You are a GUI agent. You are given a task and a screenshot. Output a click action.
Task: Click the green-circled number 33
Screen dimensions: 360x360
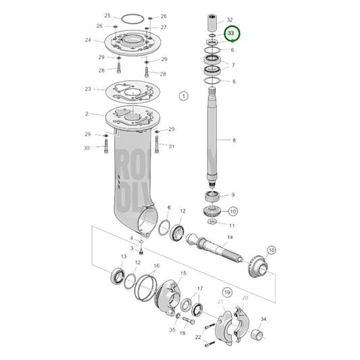[x=232, y=32]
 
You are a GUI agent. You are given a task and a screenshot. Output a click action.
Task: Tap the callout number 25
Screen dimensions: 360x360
[x=107, y=16]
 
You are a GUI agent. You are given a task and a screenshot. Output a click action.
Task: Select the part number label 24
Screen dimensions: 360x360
[x=88, y=40]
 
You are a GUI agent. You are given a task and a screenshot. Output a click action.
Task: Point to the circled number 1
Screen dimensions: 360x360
[x=183, y=97]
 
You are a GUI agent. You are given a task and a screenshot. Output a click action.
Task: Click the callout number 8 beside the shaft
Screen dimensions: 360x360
[x=234, y=140]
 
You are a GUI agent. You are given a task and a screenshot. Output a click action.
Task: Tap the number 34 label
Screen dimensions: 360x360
[x=263, y=319]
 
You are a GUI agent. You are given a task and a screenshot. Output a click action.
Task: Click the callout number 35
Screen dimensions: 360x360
[x=172, y=330]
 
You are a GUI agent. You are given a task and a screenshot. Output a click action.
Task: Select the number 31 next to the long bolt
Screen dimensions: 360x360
[x=172, y=147]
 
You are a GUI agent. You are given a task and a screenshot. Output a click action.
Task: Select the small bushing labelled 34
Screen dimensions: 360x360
[x=259, y=336]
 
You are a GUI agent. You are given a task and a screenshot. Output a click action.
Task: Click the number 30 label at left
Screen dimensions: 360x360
[x=86, y=148]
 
